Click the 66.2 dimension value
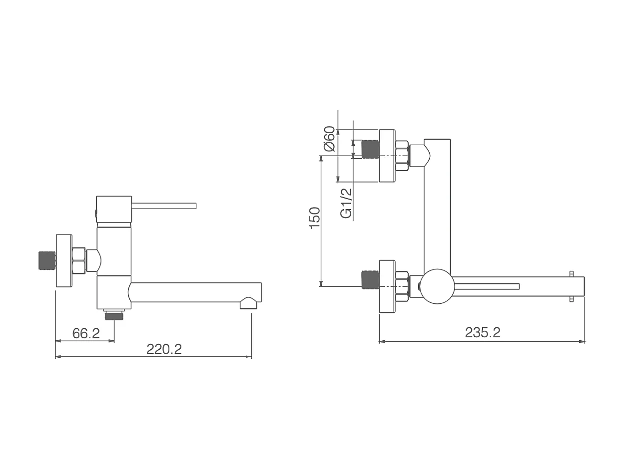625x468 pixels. click(x=86, y=333)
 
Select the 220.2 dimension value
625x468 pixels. click(x=164, y=349)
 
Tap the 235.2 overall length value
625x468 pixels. click(x=482, y=332)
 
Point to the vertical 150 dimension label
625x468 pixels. click(x=314, y=218)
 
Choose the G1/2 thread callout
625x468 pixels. click(x=346, y=203)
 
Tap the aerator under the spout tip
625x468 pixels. click(x=248, y=303)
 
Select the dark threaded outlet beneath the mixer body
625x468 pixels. click(x=114, y=315)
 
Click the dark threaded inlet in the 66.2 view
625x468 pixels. click(x=46, y=260)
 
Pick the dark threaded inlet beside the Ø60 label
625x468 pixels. click(x=370, y=149)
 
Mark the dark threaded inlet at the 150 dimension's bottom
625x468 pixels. click(x=370, y=279)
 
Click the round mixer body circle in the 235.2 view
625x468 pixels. click(x=437, y=286)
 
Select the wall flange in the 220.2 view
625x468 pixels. click(x=64, y=261)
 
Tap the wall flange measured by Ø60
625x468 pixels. click(x=387, y=156)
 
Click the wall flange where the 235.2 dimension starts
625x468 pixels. click(x=387, y=287)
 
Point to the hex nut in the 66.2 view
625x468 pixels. click(x=79, y=261)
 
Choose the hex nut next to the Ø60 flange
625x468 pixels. click(x=402, y=156)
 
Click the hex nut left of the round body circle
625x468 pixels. click(x=402, y=287)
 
